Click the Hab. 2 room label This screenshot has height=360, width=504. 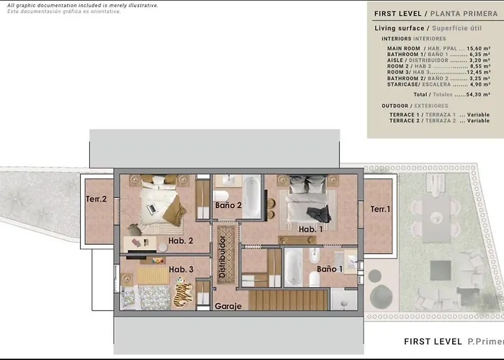[181, 240]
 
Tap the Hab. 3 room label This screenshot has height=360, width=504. [181, 269]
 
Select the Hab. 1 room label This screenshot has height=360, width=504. [310, 229]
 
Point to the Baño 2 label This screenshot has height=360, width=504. [228, 205]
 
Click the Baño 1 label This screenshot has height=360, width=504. [330, 269]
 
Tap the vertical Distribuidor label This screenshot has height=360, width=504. [222, 256]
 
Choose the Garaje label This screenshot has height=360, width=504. [228, 306]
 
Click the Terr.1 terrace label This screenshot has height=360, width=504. [380, 210]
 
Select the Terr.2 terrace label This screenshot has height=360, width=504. [96, 199]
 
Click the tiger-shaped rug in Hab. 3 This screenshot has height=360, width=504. [183, 292]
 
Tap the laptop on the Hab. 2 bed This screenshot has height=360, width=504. [151, 210]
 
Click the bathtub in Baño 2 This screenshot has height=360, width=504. [252, 197]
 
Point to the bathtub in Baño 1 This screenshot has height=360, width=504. [293, 267]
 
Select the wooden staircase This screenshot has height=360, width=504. [288, 300]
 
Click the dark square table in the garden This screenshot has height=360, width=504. [441, 270]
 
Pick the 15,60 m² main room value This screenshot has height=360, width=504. [478, 48]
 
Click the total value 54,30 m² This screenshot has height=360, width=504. [478, 94]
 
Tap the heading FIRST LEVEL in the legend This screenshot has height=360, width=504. [397, 14]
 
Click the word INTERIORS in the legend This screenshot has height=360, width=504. [396, 39]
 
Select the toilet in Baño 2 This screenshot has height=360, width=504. [221, 195]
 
